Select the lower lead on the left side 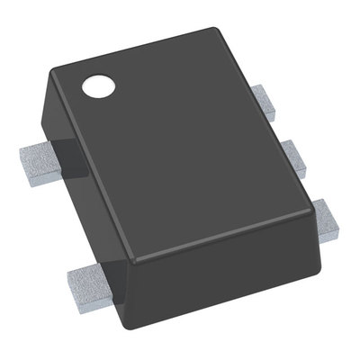click(90, 281)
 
